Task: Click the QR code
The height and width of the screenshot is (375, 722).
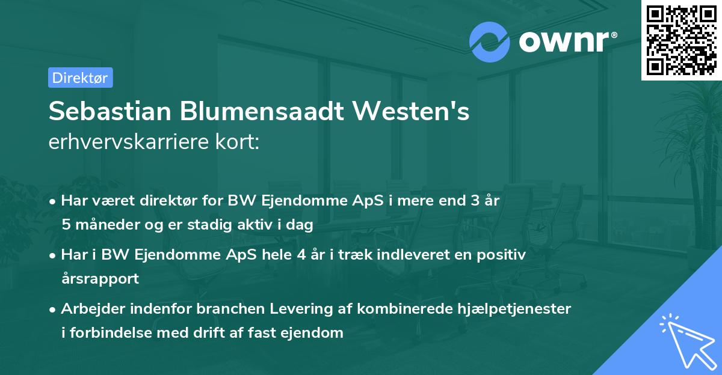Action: [x=681, y=40]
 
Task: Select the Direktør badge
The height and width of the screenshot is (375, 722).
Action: [x=80, y=78]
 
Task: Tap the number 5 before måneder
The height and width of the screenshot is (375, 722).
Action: [x=66, y=225]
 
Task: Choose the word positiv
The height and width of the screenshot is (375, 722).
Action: [x=503, y=255]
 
